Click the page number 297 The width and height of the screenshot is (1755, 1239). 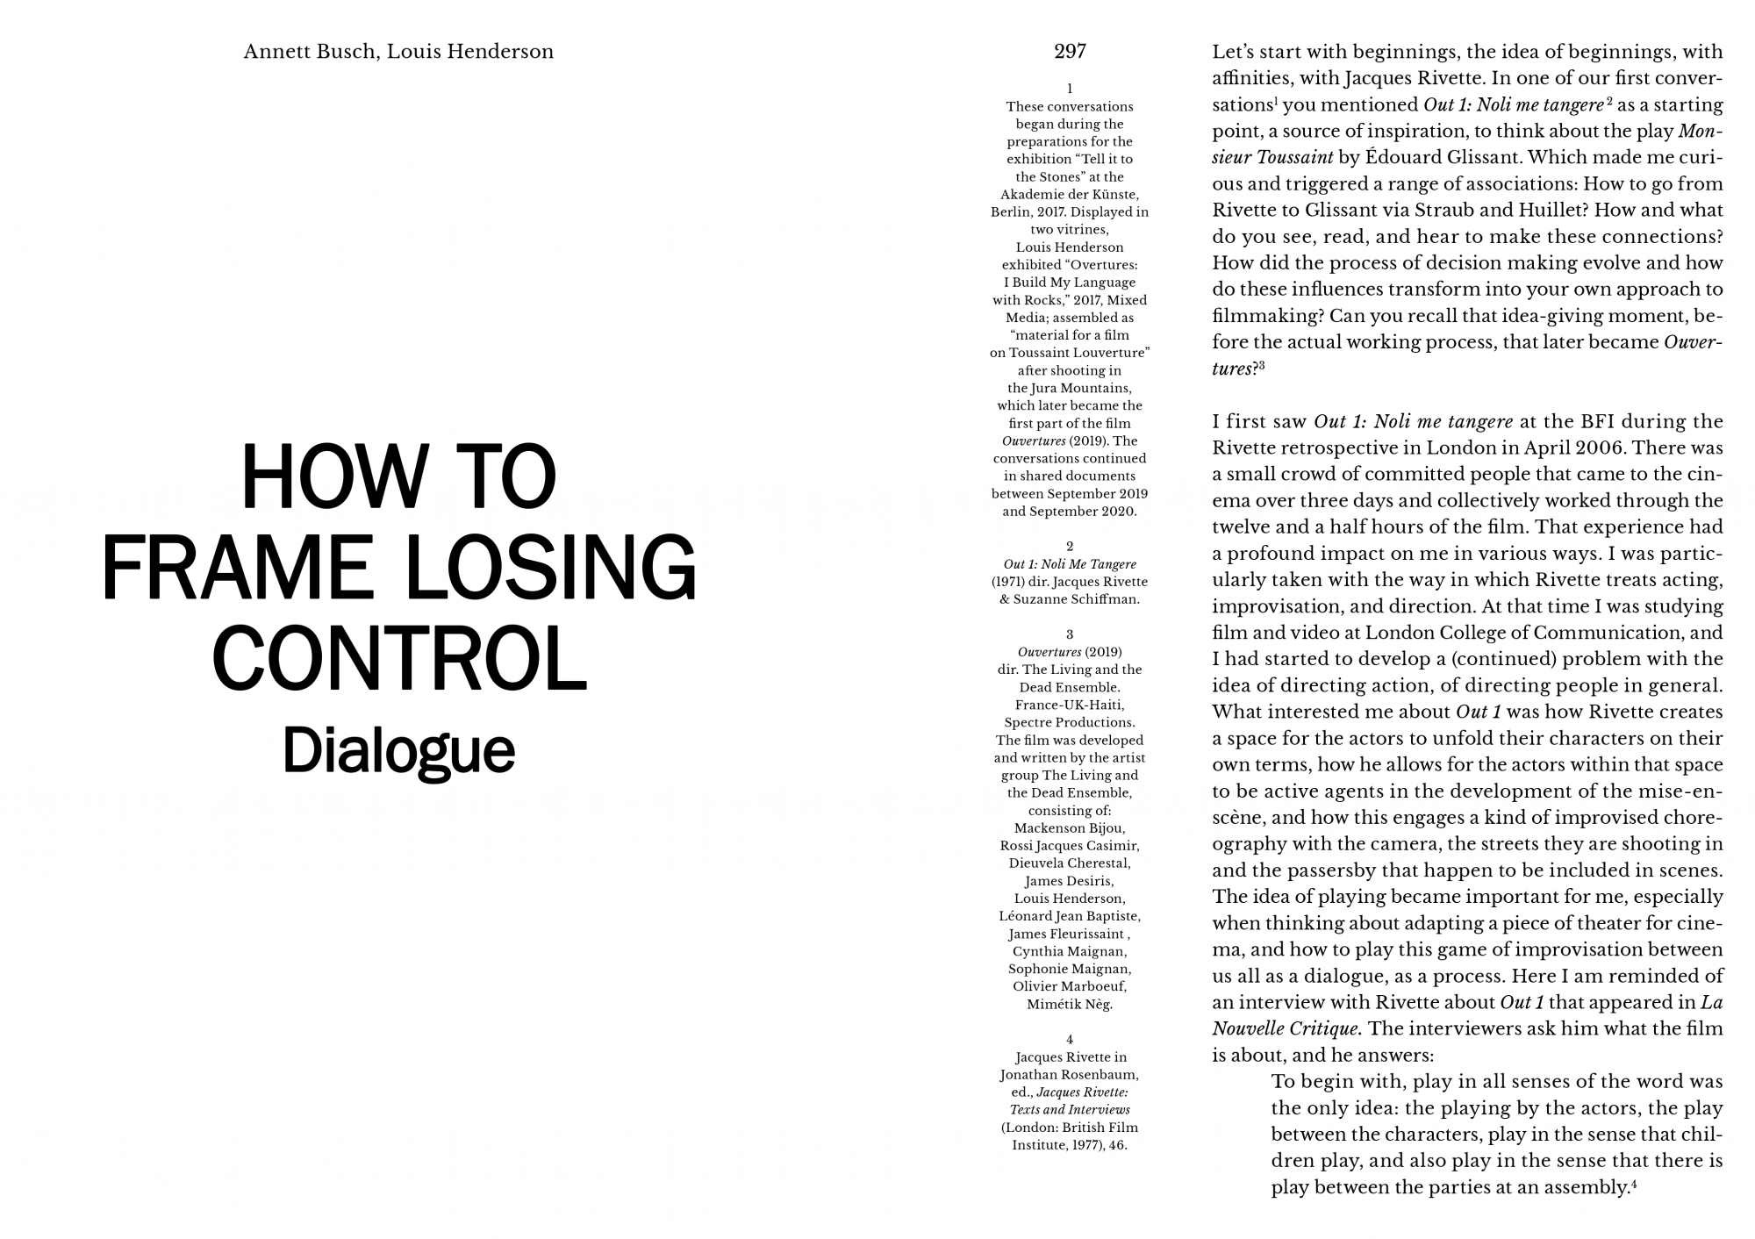tap(1070, 52)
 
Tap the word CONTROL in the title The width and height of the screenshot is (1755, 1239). tap(399, 659)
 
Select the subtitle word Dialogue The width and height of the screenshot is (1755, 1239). tap(398, 751)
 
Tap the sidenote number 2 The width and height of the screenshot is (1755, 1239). tap(1070, 546)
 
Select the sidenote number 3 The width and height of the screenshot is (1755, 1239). tap(1070, 634)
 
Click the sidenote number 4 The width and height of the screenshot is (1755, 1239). tap(1070, 1039)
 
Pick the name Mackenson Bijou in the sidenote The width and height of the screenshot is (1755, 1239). tap(1070, 828)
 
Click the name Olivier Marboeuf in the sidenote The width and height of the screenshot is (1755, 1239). tap(1070, 986)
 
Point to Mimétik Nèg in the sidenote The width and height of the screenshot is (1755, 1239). tap(1070, 1005)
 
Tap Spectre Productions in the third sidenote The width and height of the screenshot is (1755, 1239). tap(1070, 722)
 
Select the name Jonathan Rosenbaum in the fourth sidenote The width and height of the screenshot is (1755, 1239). tap(1070, 1075)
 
